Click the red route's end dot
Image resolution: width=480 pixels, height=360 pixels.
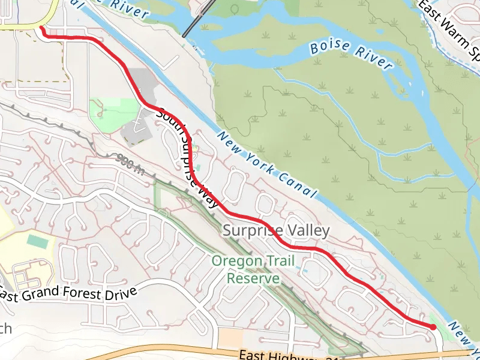coord(433,326)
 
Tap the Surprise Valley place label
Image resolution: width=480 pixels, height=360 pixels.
coord(276,230)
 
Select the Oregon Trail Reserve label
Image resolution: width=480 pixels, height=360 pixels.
coord(245,270)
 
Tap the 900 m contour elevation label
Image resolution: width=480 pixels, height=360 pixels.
coord(130,163)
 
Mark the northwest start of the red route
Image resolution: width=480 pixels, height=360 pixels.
coord(41,27)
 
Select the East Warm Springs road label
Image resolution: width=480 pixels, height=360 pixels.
coord(450,30)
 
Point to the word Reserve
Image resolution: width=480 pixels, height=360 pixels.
coord(253,278)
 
